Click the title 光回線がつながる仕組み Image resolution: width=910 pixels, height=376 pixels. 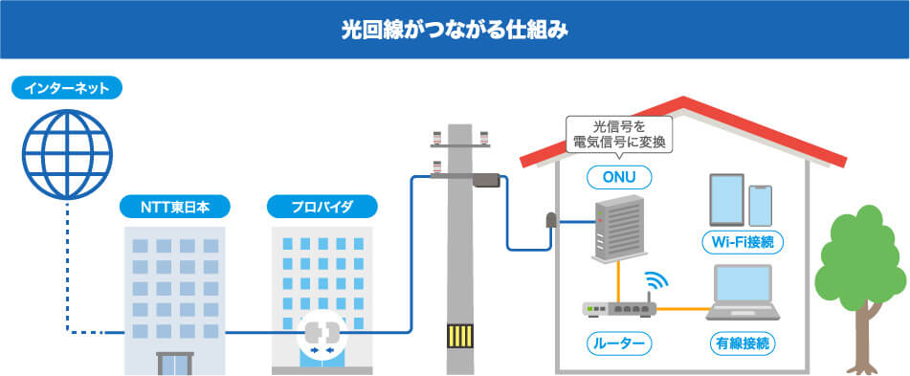pos(455,29)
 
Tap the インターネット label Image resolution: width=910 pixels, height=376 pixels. pos(67,90)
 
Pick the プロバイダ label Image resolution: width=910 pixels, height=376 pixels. pos(322,206)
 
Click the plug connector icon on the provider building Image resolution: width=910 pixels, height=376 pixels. pos(321,337)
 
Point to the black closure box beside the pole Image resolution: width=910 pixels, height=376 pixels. pos(486,179)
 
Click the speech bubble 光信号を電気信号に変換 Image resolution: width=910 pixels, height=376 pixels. pos(618,134)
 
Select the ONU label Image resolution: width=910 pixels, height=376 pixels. pos(618,177)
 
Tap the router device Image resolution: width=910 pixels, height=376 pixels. pos(618,308)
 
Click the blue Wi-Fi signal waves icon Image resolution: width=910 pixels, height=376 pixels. pos(656,281)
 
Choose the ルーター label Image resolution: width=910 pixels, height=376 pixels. pos(618,342)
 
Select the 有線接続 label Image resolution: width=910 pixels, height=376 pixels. pos(744,342)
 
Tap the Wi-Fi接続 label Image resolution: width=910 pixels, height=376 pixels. pos(744,242)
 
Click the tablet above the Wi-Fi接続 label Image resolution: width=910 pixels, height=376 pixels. pos(725,198)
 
